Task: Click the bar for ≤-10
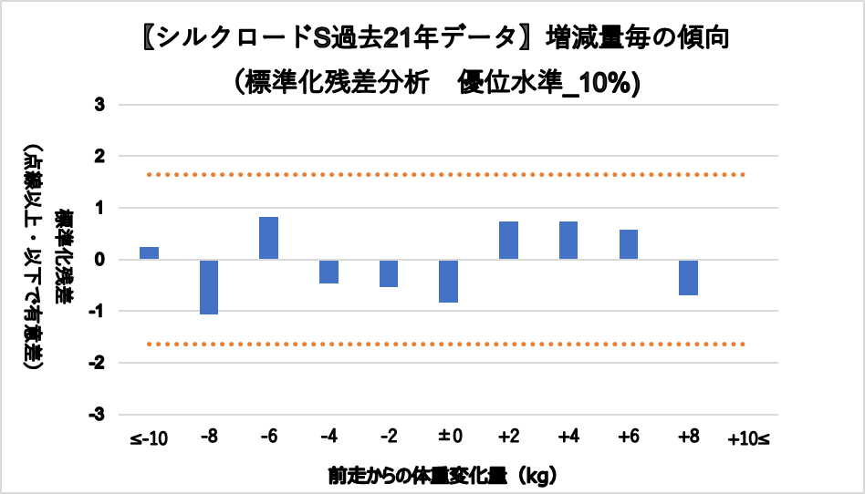pyautogui.click(x=149, y=253)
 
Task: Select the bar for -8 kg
pyautogui.click(x=209, y=287)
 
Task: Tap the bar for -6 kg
pyautogui.click(x=268, y=238)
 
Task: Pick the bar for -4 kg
pyautogui.click(x=328, y=272)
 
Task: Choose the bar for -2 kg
pyautogui.click(x=389, y=273)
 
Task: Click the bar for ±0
pyautogui.click(x=448, y=281)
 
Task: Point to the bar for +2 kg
pyautogui.click(x=508, y=241)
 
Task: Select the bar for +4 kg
pyautogui.click(x=568, y=241)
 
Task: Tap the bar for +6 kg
pyautogui.click(x=628, y=244)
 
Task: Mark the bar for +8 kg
pyautogui.click(x=688, y=277)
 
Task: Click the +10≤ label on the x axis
pyautogui.click(x=748, y=439)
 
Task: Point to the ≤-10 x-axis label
pyautogui.click(x=149, y=439)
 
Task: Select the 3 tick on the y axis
pyautogui.click(x=99, y=105)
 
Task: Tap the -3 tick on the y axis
pyautogui.click(x=97, y=414)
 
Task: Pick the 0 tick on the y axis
pyautogui.click(x=99, y=260)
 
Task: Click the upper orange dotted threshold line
pyautogui.click(x=447, y=174)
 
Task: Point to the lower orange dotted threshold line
pyautogui.click(x=447, y=344)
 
